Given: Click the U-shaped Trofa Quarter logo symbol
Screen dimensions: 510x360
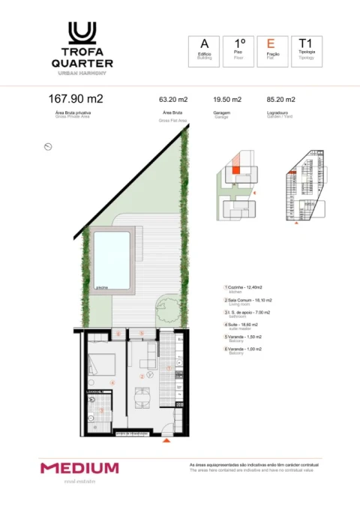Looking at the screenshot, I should [x=82, y=33].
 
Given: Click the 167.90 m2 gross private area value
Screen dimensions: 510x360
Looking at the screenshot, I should [x=75, y=98].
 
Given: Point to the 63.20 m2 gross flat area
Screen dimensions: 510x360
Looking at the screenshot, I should [x=172, y=99].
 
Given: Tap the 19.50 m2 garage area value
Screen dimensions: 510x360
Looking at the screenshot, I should [x=227, y=99].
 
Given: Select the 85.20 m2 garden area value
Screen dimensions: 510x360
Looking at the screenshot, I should [x=280, y=99].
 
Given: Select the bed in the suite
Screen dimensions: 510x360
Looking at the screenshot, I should [x=103, y=365].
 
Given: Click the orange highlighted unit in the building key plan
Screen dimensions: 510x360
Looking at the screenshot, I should [x=235, y=171].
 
